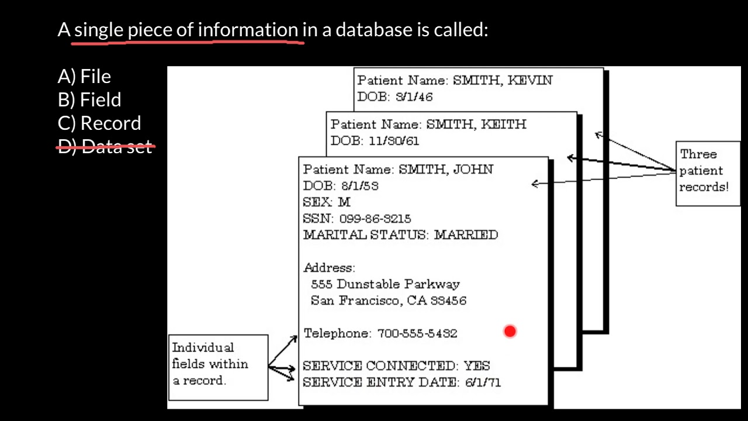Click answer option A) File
tap(84, 77)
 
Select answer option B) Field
tap(89, 100)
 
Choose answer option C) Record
tap(99, 123)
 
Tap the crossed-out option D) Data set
tap(105, 146)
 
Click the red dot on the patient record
tap(510, 332)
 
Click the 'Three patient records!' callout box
tap(707, 173)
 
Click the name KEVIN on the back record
tap(529, 81)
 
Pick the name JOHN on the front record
tap(473, 170)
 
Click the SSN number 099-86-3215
tap(375, 219)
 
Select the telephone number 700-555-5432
tap(417, 333)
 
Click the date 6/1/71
tap(483, 382)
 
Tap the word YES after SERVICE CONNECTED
tap(477, 366)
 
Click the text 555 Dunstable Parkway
tap(385, 284)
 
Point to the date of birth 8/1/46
tap(414, 97)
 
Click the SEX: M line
tap(327, 202)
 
